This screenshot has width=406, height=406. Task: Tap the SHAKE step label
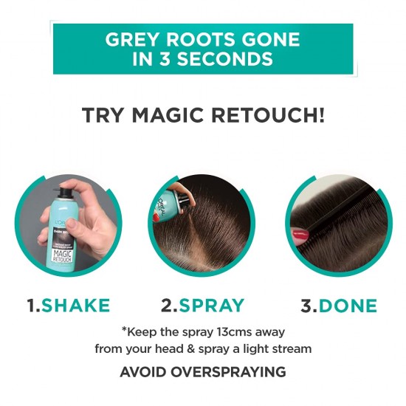click(76, 306)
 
